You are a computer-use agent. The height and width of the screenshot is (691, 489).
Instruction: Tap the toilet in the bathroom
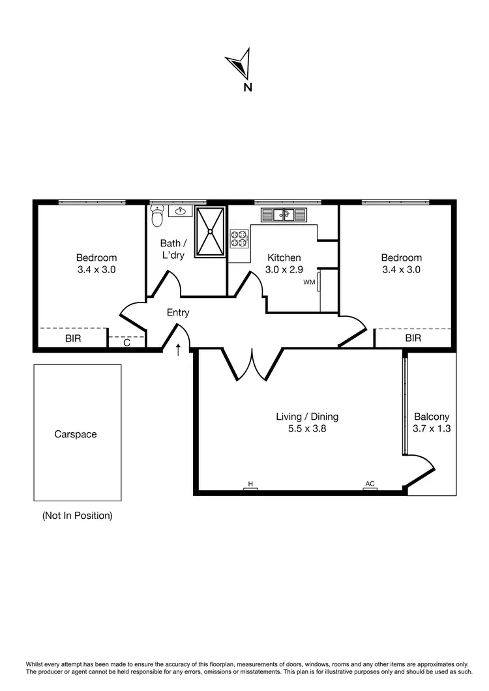(157, 216)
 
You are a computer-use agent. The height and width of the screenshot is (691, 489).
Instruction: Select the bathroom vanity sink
(179, 211)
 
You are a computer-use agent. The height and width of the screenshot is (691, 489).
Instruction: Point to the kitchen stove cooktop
(239, 237)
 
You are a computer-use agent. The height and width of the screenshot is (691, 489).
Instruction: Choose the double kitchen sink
(284, 214)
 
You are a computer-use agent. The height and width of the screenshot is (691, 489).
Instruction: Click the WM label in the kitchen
(308, 283)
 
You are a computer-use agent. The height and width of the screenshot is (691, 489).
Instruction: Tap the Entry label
(178, 313)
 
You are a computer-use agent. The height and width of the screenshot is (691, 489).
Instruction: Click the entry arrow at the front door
(178, 350)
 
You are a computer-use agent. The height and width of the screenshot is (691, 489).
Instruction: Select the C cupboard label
(126, 342)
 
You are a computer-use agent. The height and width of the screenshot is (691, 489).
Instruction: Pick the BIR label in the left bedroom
(72, 339)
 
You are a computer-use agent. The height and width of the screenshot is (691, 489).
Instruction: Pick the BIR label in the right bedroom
(413, 338)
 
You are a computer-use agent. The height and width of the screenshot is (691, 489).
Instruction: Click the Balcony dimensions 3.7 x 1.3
(432, 429)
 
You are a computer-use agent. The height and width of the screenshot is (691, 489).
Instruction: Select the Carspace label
(76, 434)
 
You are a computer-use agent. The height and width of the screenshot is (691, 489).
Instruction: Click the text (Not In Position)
(77, 516)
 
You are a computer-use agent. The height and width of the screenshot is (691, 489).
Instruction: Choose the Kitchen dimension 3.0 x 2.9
(283, 269)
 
